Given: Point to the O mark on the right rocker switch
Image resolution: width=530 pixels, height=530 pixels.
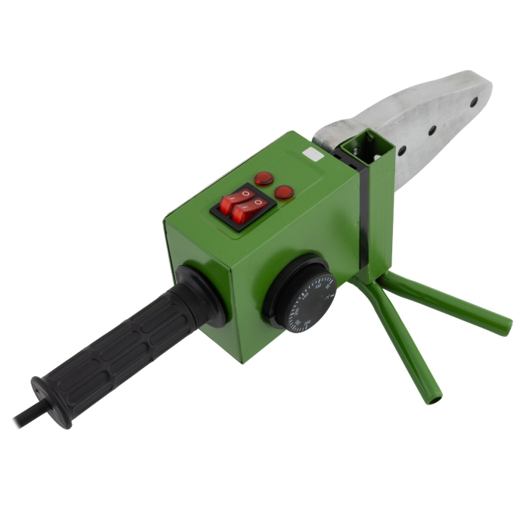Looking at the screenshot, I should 257,202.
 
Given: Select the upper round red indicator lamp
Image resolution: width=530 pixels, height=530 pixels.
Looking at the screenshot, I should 263,179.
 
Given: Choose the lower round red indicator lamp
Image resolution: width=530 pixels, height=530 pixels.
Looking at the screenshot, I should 284,192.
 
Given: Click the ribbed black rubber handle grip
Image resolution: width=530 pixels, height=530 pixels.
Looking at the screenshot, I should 121,337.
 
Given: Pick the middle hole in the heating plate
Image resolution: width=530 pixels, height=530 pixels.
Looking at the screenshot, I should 432,130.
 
